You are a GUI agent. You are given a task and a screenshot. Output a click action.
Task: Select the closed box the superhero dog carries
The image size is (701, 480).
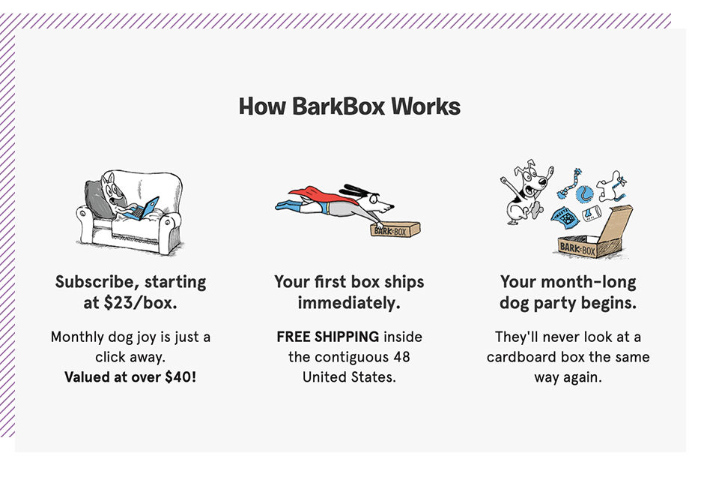pyautogui.click(x=395, y=229)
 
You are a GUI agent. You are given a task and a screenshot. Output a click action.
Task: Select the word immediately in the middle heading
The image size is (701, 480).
pyautogui.click(x=349, y=304)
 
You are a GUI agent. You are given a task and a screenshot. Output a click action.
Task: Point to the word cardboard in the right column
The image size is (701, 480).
pyautogui.click(x=521, y=356)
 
